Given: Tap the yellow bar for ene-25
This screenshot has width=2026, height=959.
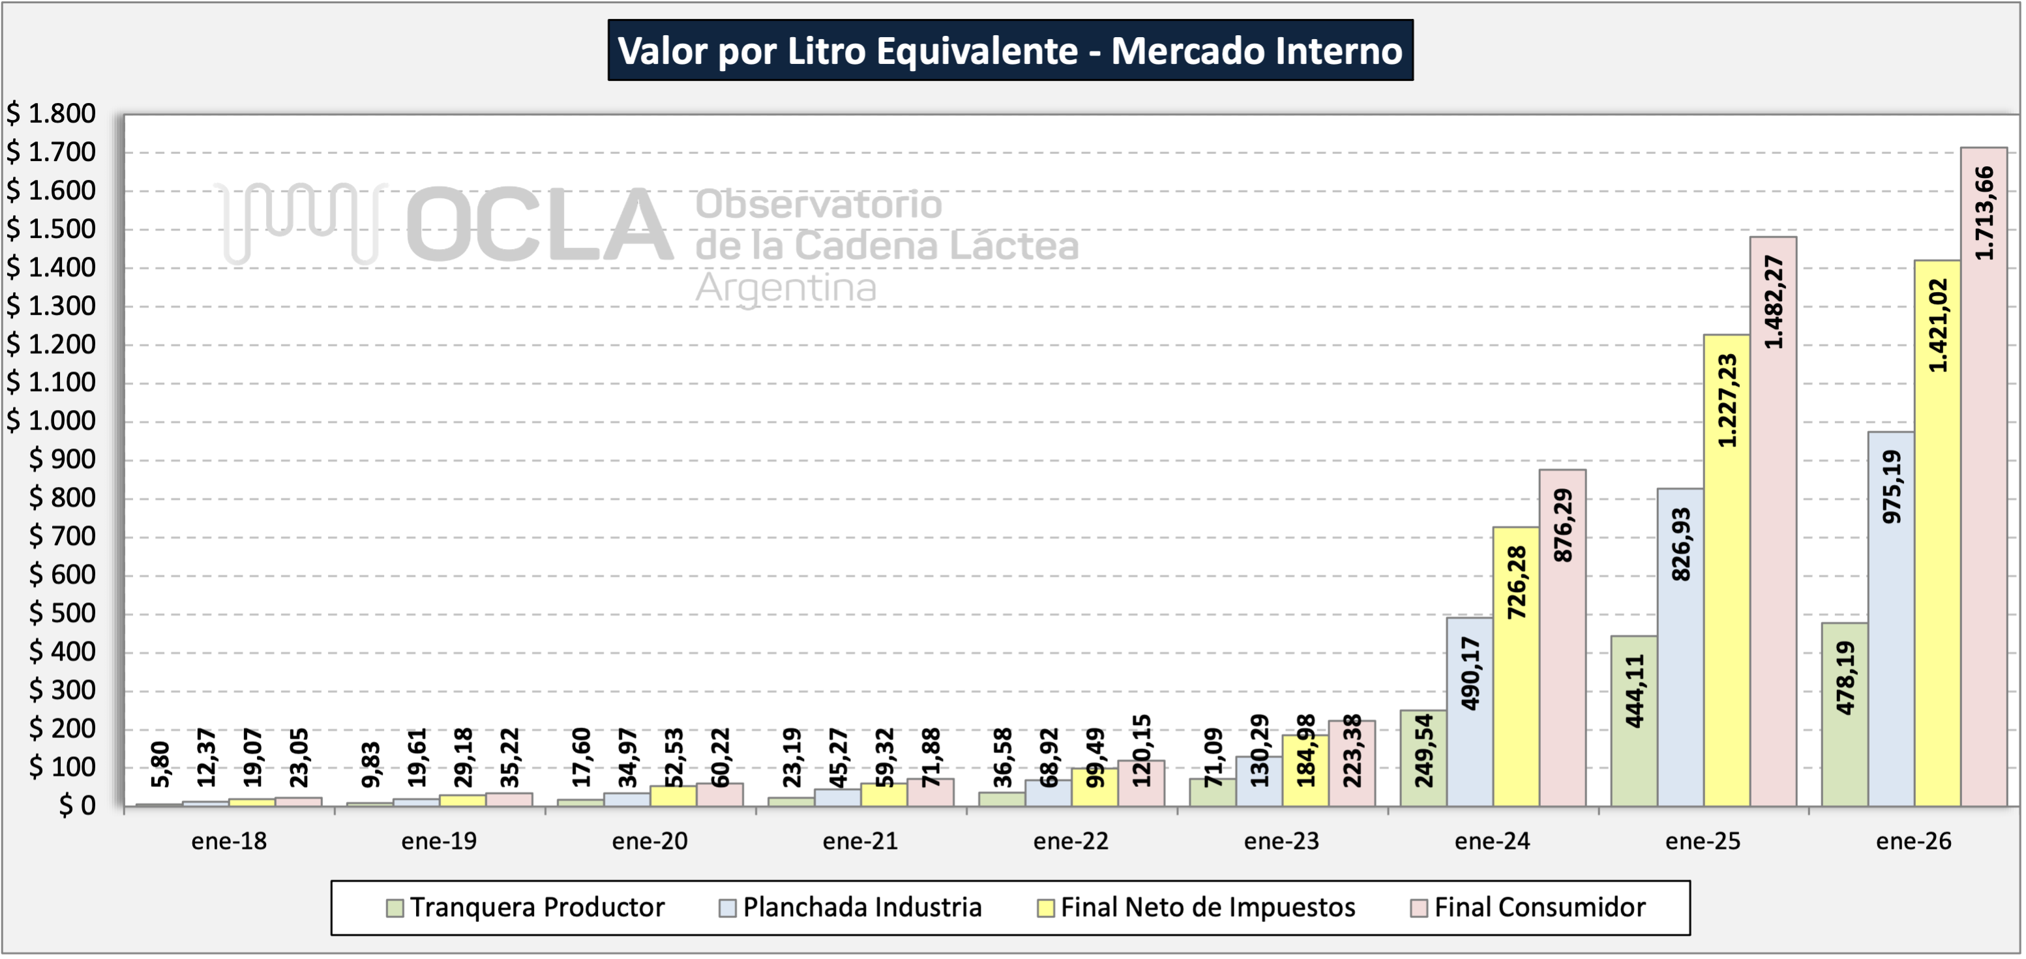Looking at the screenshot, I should coord(1727,629).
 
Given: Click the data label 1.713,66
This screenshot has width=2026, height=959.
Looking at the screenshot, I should coord(1984,213).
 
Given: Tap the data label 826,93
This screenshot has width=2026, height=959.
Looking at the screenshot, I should coord(1681,544).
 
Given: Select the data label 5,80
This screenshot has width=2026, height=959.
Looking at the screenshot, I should coord(160,764).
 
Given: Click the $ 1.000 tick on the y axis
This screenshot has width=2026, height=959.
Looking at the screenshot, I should coord(51,420).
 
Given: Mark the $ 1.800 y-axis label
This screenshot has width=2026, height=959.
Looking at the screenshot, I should coord(51,113).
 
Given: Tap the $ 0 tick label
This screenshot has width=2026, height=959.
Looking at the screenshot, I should coord(77,805).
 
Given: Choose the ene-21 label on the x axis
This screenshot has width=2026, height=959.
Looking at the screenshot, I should coord(859,841).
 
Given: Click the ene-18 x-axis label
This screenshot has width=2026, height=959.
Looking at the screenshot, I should coord(229,841).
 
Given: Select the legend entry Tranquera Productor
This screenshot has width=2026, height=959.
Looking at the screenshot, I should coord(537,907).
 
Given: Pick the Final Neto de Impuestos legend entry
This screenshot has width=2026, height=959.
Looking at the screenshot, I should coord(1207,907).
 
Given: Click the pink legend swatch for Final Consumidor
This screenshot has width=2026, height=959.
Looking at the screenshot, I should coord(1419,908).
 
